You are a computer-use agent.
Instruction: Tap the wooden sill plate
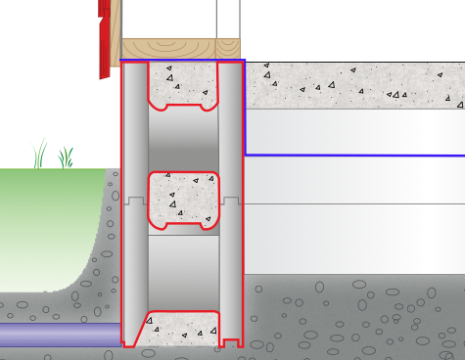pyautogui.click(x=180, y=49)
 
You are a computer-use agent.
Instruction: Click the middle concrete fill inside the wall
pyautogui.click(x=183, y=199)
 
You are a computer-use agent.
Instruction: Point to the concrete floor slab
pyautogui.click(x=352, y=86)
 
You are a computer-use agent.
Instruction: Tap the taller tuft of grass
pyautogui.click(x=41, y=155)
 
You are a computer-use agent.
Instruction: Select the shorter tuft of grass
pyautogui.click(x=67, y=157)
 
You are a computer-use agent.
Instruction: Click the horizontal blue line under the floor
pyautogui.click(x=352, y=155)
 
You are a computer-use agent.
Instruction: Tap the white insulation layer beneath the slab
pyautogui.click(x=352, y=131)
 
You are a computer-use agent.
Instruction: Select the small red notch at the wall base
pyautogui.click(x=232, y=342)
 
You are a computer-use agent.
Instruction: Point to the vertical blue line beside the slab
pyautogui.click(x=245, y=108)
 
